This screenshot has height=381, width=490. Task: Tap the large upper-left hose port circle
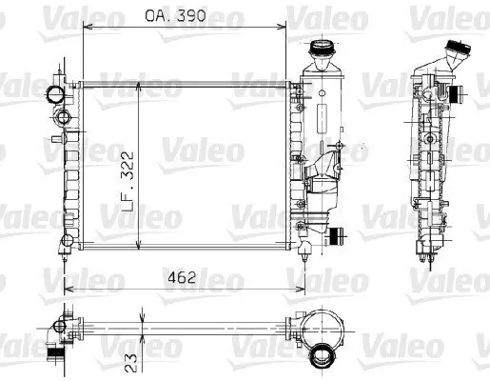[x=52, y=94]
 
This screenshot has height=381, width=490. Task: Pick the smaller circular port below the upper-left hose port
[x=64, y=117]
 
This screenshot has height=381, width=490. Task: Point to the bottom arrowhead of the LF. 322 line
[x=142, y=245]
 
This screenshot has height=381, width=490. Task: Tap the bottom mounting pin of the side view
[x=421, y=255]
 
